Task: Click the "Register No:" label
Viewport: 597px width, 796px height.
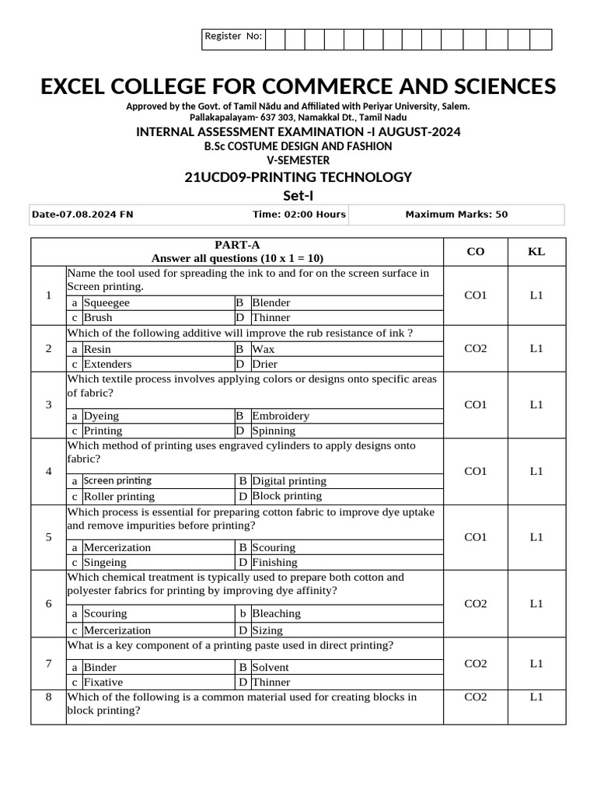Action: [232, 37]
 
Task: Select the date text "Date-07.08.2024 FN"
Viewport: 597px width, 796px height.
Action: [83, 215]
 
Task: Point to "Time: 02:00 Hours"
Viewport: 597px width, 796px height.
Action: [298, 215]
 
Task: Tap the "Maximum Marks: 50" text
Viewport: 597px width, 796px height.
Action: [456, 215]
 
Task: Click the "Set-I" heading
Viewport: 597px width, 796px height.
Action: [298, 195]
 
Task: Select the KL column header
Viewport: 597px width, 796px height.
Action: [536, 251]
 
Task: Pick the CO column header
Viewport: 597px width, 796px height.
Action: [475, 251]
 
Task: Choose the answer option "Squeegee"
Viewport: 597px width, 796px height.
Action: [106, 302]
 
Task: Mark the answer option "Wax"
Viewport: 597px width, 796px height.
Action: [264, 349]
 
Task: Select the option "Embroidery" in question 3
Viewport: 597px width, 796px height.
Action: [281, 416]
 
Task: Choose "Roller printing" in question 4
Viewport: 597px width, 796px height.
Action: [119, 496]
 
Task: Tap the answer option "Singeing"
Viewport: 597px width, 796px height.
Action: [105, 562]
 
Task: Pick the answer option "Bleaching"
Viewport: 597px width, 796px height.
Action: [276, 613]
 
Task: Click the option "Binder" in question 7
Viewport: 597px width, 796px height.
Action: [100, 667]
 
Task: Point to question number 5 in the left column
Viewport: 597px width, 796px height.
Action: [48, 537]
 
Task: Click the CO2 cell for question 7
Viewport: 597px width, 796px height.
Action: [475, 663]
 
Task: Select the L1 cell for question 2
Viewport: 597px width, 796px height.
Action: [536, 348]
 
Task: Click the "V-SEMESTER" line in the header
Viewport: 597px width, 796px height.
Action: [298, 160]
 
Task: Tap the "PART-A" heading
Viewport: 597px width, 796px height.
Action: [237, 244]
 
